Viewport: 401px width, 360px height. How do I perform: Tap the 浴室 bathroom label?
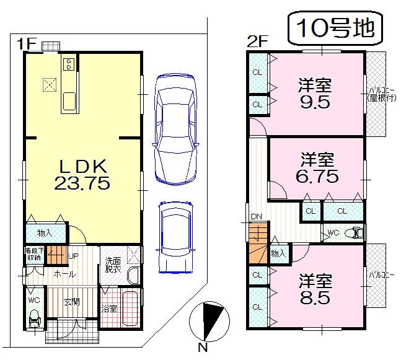(110, 308)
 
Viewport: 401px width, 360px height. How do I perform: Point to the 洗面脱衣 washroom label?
(113, 265)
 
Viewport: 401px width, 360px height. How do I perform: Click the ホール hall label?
(63, 274)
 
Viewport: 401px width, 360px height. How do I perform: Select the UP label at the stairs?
(73, 255)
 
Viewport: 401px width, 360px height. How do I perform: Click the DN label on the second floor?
(257, 217)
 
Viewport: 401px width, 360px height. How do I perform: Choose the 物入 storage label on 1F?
(44, 233)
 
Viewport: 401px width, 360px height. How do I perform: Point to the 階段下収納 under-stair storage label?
(33, 254)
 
